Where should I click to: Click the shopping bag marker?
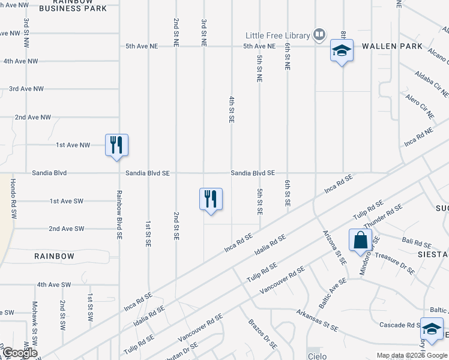pyautogui.click(x=361, y=241)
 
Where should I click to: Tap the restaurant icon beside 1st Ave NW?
pyautogui.click(x=116, y=145)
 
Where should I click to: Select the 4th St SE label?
pyautogui.click(x=231, y=109)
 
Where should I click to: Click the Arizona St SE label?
pyautogui.click(x=334, y=247)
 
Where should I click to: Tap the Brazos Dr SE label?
pyautogui.click(x=262, y=334)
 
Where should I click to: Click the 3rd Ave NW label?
pyautogui.click(x=26, y=89)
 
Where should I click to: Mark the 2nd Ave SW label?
pyautogui.click(x=66, y=229)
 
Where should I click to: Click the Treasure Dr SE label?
pyautogui.click(x=394, y=262)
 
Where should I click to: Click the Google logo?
pyautogui.click(x=19, y=353)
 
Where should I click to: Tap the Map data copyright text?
pyautogui.click(x=411, y=355)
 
